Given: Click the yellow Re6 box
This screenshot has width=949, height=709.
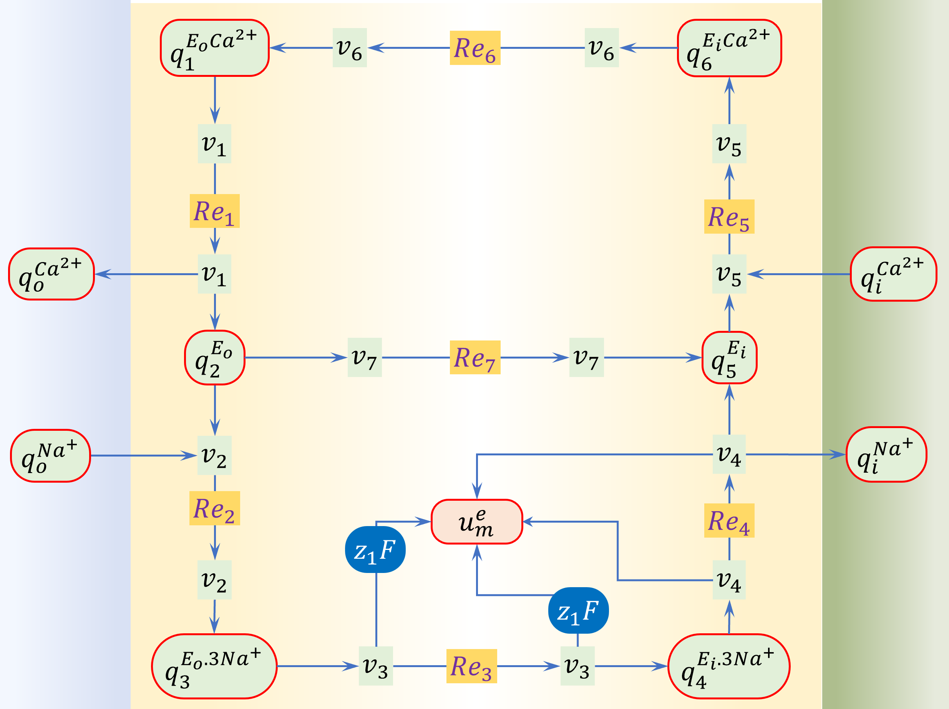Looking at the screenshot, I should point(475,48).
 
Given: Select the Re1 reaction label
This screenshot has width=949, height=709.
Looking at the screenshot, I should point(214,211).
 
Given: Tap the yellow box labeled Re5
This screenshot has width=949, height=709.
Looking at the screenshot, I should point(729,216).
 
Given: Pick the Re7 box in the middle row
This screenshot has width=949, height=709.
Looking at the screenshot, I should point(475,357).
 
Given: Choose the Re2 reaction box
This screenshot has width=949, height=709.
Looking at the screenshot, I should point(214,508).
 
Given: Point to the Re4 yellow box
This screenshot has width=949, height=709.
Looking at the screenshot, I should point(729,520).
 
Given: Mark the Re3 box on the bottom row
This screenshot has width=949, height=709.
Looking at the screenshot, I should point(471,666).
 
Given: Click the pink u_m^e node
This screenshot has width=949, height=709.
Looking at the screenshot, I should point(477,521).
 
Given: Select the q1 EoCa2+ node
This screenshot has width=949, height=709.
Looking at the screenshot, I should point(214,48).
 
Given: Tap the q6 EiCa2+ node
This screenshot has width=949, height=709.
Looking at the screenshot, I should point(729,48).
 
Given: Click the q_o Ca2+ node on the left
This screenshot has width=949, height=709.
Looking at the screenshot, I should point(51,274).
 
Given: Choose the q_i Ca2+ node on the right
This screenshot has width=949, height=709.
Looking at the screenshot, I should point(893,274).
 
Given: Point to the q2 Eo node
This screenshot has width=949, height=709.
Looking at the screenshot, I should point(214,357).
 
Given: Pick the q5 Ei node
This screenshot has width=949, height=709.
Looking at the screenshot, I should point(729,357).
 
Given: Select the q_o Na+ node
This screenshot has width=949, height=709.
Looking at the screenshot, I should point(51,455).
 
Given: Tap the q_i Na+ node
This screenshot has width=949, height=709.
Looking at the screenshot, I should point(886,454).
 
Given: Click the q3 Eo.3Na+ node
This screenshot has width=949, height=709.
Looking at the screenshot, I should point(214,666).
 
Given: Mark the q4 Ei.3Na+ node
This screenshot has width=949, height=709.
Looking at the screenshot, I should point(728,666).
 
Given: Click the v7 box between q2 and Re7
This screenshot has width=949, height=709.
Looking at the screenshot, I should point(364,357).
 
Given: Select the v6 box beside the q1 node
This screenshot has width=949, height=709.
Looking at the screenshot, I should point(349,48).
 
